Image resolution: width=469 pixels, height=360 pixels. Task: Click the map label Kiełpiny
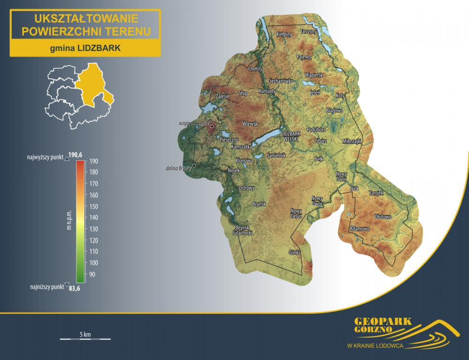285,35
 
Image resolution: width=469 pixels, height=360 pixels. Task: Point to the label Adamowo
360,229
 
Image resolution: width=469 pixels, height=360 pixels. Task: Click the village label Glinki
294,252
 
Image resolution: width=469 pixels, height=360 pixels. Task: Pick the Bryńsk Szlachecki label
243,230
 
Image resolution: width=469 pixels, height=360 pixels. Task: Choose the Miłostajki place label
352,141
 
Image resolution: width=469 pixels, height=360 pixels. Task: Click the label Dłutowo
383,217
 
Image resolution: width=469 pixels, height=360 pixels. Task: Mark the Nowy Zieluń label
296,213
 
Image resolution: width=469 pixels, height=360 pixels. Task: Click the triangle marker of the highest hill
212,126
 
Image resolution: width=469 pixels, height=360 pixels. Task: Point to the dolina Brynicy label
179,168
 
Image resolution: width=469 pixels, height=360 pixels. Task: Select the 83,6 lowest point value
75,288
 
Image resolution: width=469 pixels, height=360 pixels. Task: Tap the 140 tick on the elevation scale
93,217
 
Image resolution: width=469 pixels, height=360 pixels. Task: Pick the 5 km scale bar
85,337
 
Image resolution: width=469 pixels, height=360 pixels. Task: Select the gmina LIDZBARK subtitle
85,48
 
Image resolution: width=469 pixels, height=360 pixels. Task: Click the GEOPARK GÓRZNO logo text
383,325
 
